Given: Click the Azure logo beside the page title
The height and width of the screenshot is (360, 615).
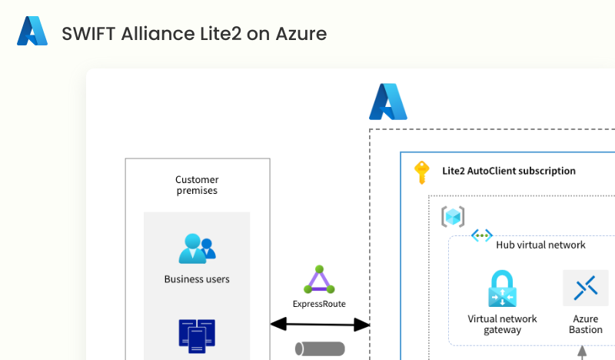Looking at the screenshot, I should tap(32, 32).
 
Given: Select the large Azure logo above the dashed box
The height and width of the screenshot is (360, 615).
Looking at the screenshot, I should tap(387, 102).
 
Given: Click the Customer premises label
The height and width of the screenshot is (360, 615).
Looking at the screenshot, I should tap(197, 185).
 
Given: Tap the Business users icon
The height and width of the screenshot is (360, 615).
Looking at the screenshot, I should tap(197, 248).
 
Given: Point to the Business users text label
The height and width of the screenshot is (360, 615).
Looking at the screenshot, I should tap(197, 279).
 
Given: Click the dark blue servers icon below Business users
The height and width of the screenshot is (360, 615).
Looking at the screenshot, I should tap(197, 336).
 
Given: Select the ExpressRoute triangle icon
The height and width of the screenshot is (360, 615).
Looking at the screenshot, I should tap(319, 280).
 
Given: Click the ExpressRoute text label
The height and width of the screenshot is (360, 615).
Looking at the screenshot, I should tap(319, 304).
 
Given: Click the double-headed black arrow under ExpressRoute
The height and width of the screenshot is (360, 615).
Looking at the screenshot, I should tap(320, 325).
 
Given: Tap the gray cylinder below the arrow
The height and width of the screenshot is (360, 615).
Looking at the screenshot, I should tap(320, 348).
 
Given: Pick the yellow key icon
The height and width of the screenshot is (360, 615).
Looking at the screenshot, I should tap(421, 172).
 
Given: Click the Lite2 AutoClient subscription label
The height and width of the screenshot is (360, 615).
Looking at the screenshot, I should tap(509, 171).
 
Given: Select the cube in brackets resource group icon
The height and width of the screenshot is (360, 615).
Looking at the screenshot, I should tap(453, 216).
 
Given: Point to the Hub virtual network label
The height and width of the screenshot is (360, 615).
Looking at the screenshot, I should tap(540, 245).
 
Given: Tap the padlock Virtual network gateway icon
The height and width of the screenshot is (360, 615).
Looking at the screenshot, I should tap(502, 289).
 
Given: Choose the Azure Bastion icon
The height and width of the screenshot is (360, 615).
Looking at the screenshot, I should tap(585, 288).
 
